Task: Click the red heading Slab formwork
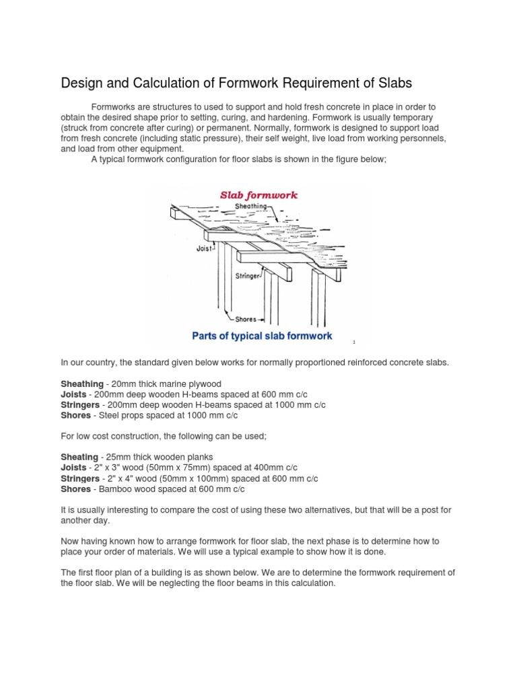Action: pyautogui.click(x=259, y=195)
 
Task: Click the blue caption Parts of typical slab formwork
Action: pyautogui.click(x=263, y=336)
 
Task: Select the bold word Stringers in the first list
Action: pyautogui.click(x=81, y=405)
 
